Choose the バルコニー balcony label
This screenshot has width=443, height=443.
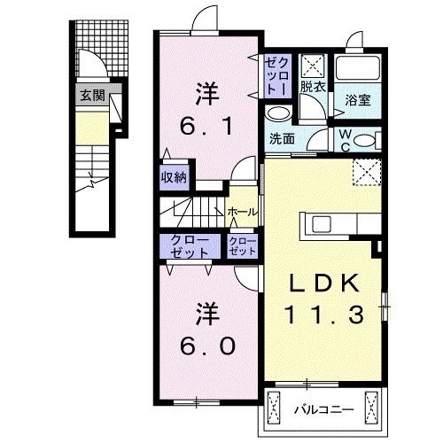323,409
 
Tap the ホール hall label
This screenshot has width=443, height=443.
242,212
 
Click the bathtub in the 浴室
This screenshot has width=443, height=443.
359,67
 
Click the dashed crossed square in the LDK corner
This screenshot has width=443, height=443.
366,170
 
